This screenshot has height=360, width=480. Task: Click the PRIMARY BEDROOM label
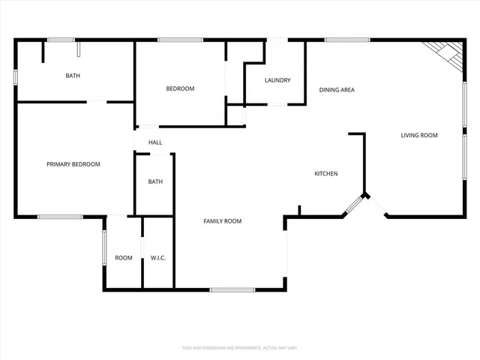[73, 164]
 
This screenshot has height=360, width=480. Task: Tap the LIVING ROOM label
[419, 135]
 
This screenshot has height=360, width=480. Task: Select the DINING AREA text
[337, 90]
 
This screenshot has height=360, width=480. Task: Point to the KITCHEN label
[325, 174]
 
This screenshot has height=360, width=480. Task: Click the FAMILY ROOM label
[223, 221]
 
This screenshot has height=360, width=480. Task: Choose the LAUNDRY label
[277, 80]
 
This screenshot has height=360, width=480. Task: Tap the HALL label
[155, 142]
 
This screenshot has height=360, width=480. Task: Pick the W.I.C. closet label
[158, 258]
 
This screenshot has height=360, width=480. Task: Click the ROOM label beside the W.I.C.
[124, 258]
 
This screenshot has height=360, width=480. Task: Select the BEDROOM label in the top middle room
[180, 88]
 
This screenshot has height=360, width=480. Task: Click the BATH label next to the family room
[155, 181]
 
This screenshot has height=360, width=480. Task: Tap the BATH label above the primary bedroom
[73, 76]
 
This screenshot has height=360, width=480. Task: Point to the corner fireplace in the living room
[443, 53]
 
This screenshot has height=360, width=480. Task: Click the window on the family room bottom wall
[232, 289]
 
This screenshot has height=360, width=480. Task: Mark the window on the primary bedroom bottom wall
[60, 217]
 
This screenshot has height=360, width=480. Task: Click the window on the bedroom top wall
[181, 40]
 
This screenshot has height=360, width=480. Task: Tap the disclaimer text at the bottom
[240, 348]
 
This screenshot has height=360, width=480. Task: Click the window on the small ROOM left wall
[103, 247]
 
